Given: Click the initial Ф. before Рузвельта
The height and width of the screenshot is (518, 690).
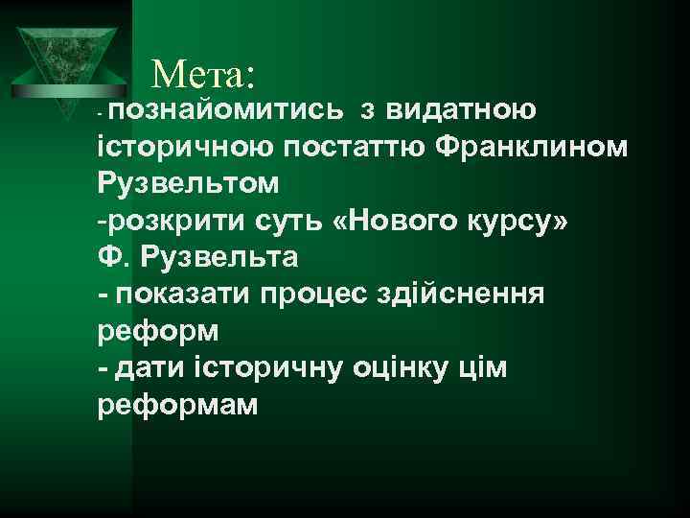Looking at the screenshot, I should [112, 258].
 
